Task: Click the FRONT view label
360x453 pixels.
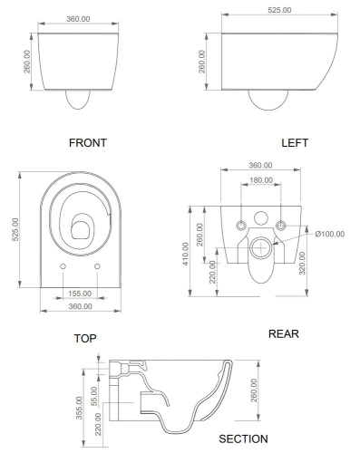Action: pos(88,142)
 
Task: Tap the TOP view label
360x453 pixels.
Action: pos(85,338)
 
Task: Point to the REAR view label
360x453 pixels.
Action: pos(284,333)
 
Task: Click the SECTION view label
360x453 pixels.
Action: pos(243,439)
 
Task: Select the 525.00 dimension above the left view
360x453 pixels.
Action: pos(278,12)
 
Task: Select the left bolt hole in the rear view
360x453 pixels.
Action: pos(240,224)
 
